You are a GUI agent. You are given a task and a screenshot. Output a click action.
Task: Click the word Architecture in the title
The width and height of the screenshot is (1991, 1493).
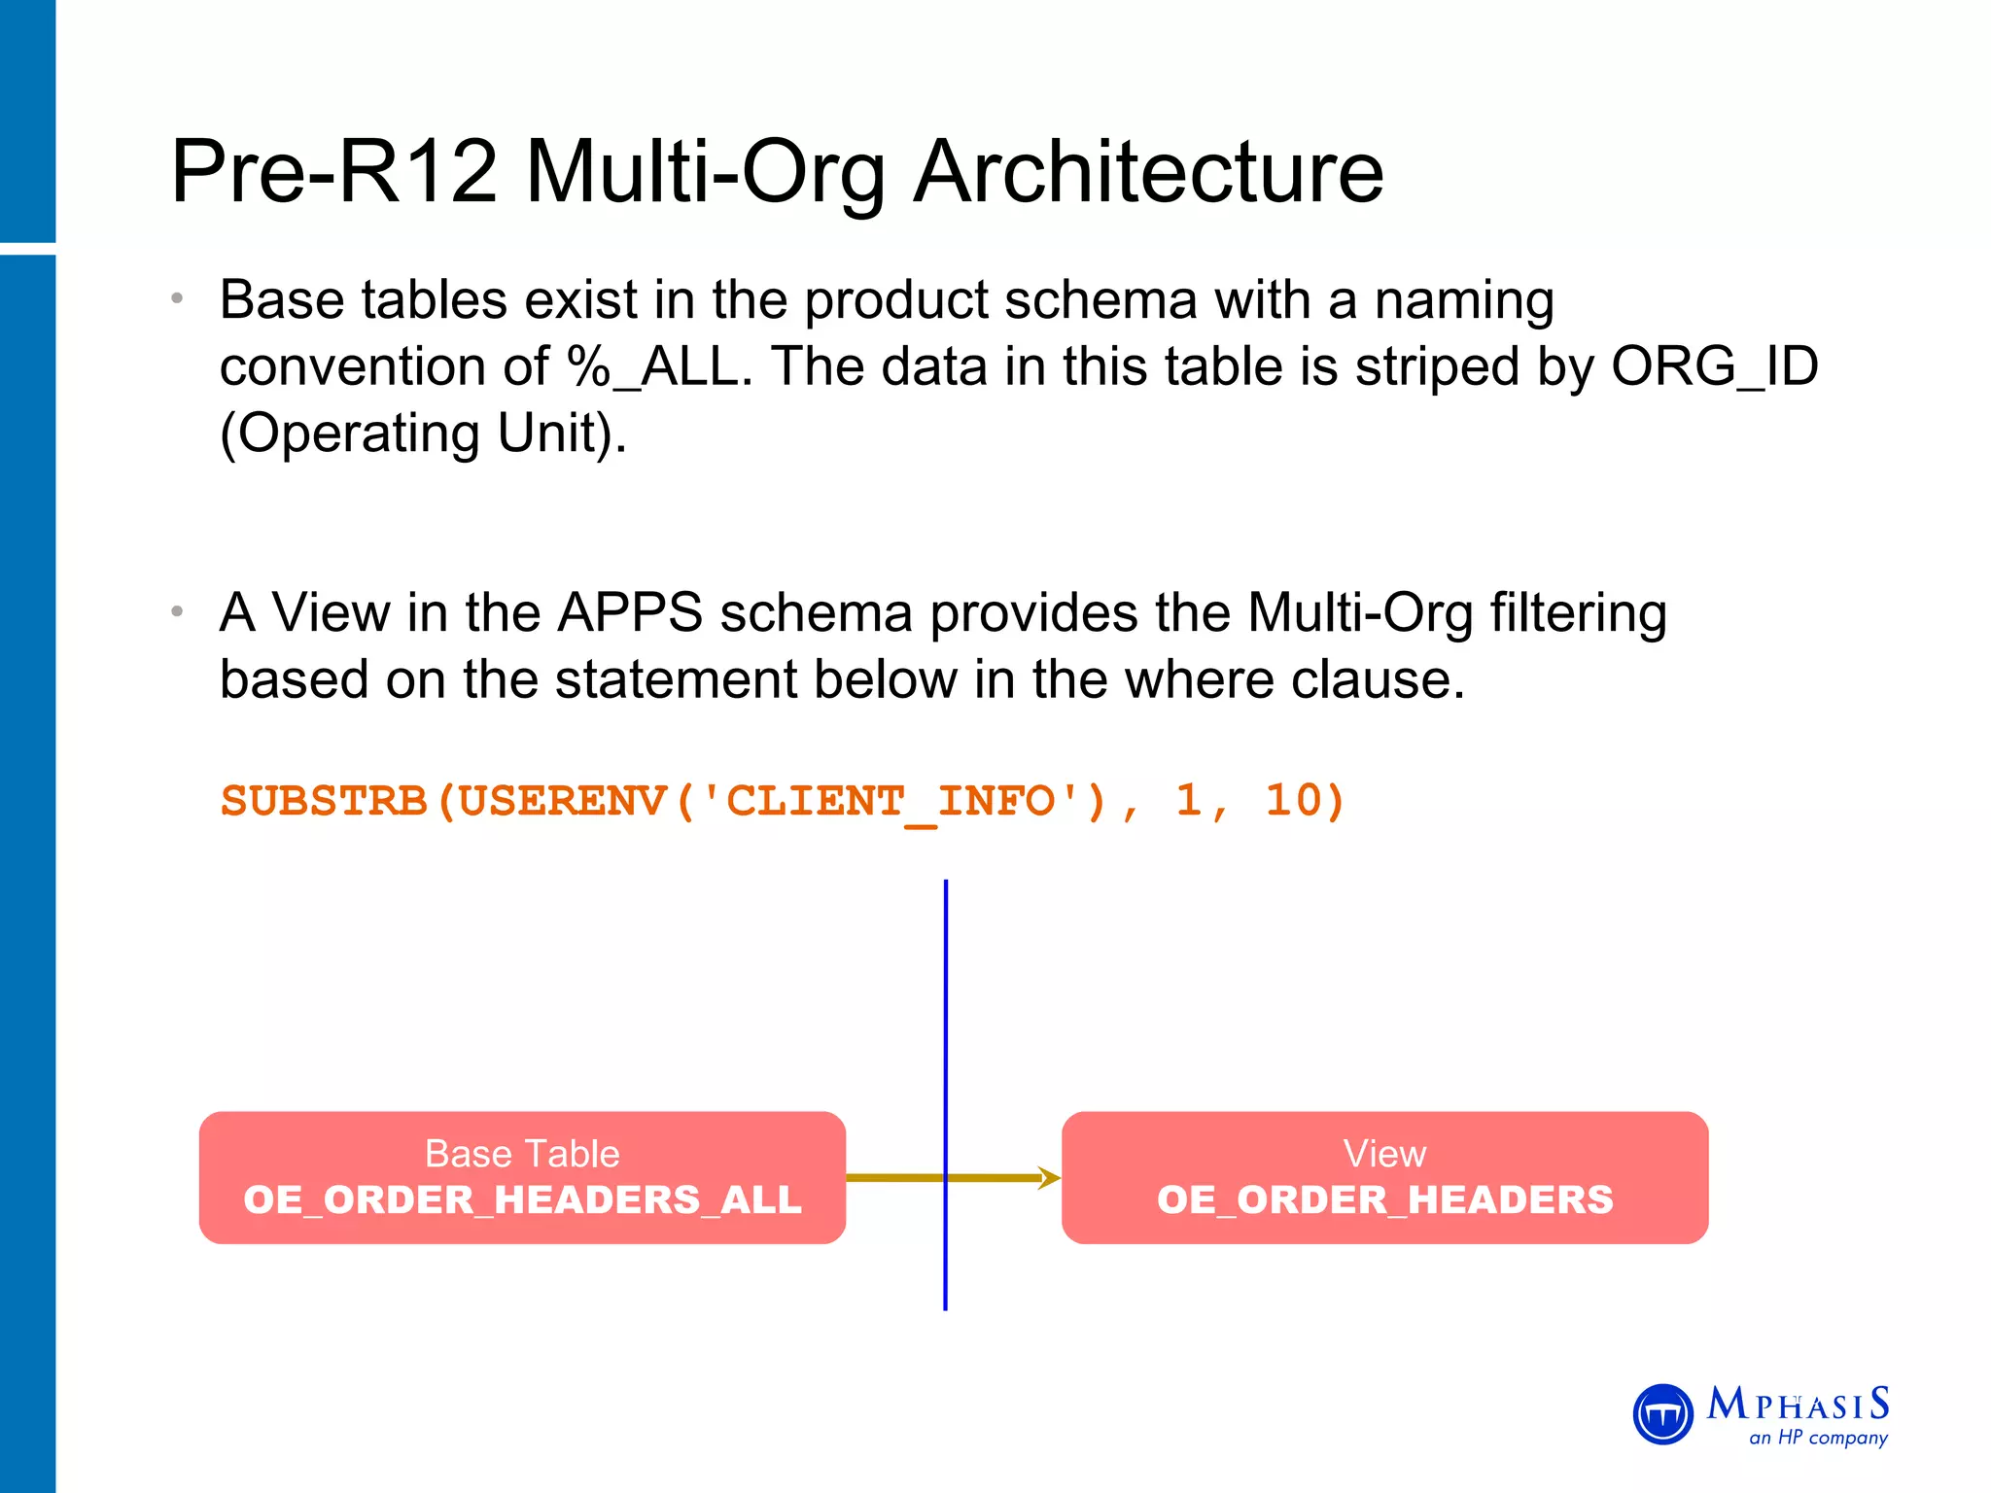pos(1148,172)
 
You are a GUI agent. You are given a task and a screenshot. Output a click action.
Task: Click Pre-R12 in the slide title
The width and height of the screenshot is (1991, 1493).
pos(334,172)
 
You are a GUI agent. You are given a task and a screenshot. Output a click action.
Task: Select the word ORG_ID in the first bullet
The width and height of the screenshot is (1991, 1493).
pos(1714,367)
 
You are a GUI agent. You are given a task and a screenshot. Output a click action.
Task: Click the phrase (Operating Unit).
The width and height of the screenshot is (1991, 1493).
pos(423,434)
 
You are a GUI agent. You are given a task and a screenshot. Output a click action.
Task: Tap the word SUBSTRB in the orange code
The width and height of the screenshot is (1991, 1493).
pos(324,802)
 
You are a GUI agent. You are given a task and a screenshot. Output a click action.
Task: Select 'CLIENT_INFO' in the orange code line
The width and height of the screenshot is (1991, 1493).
pos(889,802)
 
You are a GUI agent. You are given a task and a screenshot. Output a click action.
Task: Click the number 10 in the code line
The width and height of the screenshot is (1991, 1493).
pos(1292,800)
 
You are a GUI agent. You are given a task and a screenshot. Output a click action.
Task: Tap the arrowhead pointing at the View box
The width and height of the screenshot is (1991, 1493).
pos(1050,1178)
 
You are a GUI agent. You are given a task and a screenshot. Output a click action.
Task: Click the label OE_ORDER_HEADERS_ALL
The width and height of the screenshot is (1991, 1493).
pos(522,1200)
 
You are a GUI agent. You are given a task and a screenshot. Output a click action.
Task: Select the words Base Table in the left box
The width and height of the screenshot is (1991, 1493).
pos(522,1154)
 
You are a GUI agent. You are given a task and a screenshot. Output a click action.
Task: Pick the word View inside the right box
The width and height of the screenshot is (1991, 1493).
pos(1384,1154)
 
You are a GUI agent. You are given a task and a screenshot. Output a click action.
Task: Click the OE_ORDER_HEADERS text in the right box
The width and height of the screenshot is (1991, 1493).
pos(1384,1200)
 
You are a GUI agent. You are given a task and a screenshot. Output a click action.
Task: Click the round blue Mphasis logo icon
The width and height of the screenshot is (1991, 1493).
pos(1663,1414)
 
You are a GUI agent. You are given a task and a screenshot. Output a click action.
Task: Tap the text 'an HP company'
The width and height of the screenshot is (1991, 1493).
pos(1818,1438)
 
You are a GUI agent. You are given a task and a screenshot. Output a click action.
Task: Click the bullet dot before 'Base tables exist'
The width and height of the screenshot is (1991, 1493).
pos(177,299)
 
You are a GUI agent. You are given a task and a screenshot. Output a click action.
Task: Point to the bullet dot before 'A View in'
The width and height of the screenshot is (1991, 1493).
pos(177,612)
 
